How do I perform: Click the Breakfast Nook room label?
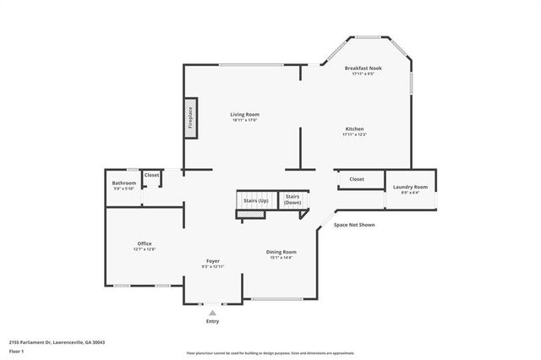coord(363,68)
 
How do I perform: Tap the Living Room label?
coord(245,114)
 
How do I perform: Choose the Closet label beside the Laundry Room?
coord(357,179)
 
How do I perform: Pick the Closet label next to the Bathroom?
coord(152,175)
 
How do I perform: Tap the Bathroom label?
coord(124,183)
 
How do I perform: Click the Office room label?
coord(145,243)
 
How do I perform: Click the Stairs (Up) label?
coord(256,200)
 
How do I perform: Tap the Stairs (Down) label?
coord(292,200)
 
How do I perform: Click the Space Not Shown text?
coord(354,225)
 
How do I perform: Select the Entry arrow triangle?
coord(212,314)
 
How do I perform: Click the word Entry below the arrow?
coord(212,322)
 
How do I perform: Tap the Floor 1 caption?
coord(16,351)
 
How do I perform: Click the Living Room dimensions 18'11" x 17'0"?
coord(245,120)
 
